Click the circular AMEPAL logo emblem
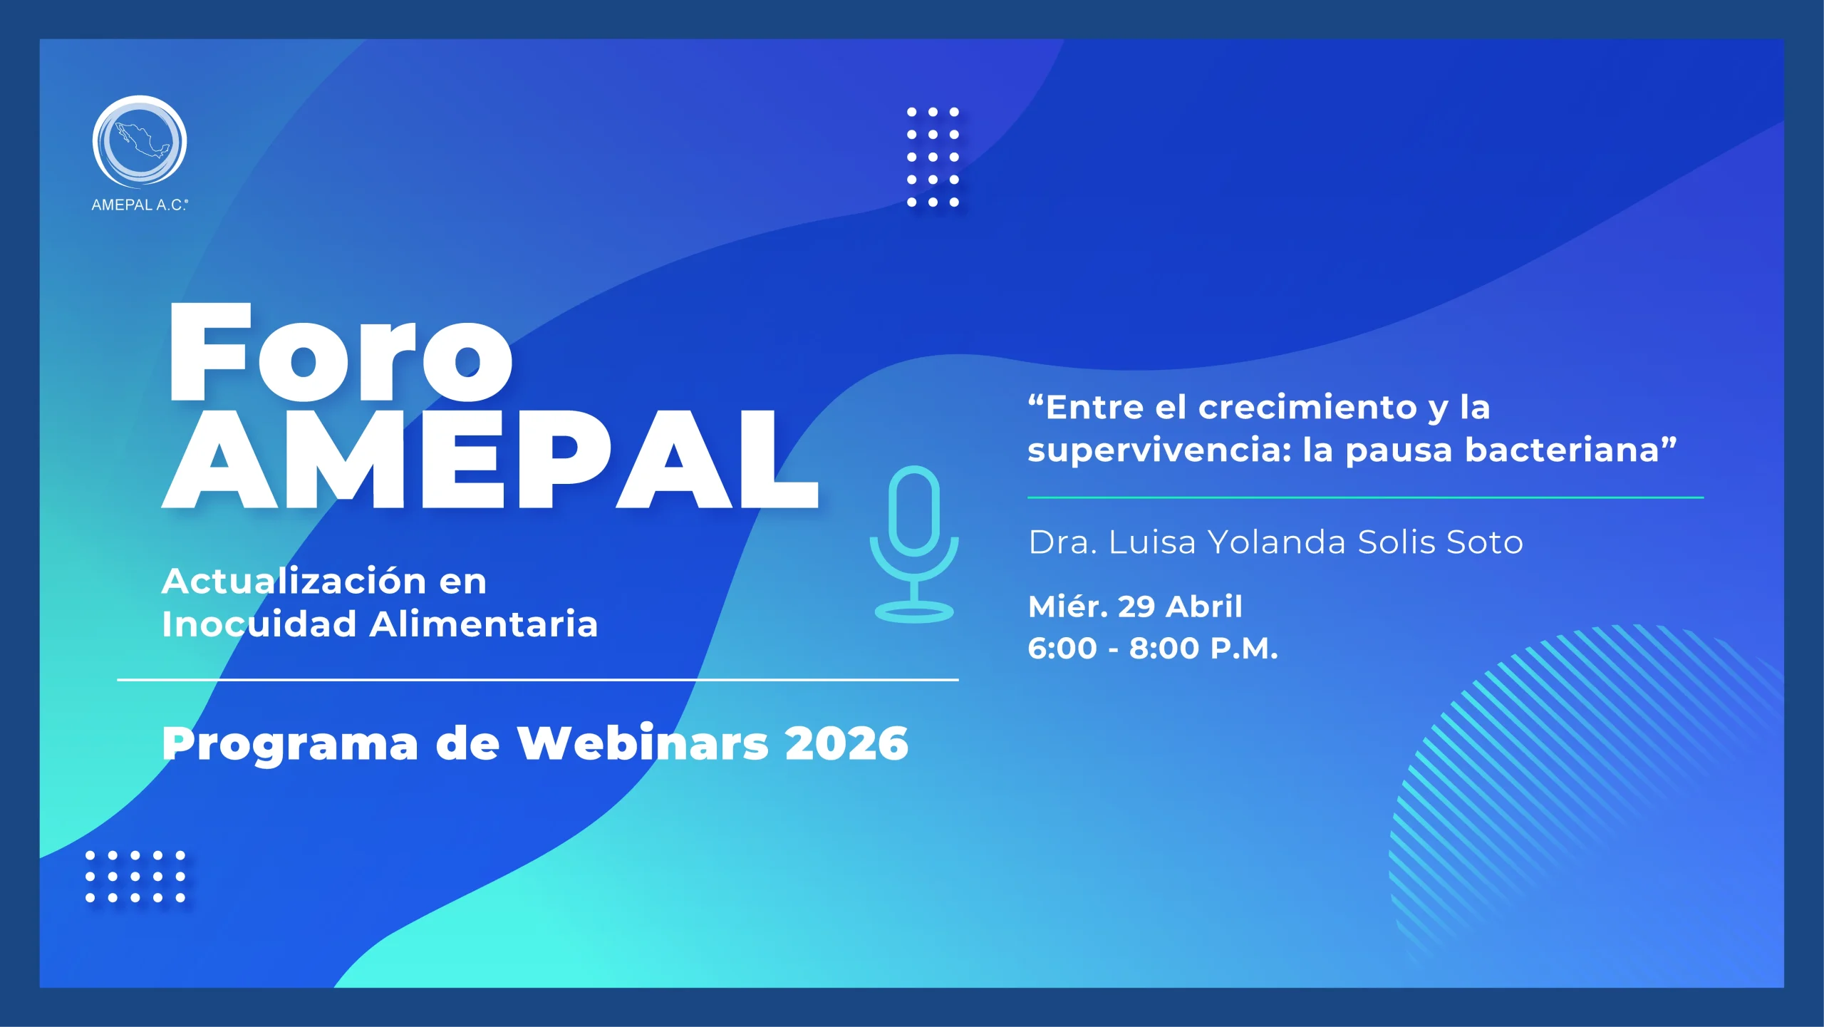tap(140, 141)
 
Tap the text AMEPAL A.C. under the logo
tap(140, 205)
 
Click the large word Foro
tap(340, 353)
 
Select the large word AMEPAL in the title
tap(490, 460)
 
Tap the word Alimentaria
tap(484, 624)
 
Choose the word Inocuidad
tap(259, 624)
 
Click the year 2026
tap(846, 743)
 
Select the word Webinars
tap(643, 743)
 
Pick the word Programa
tap(290, 743)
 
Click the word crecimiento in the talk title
tap(1307, 408)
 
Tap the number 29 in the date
tap(1136, 607)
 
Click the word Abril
tap(1204, 607)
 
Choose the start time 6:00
tap(1062, 649)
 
